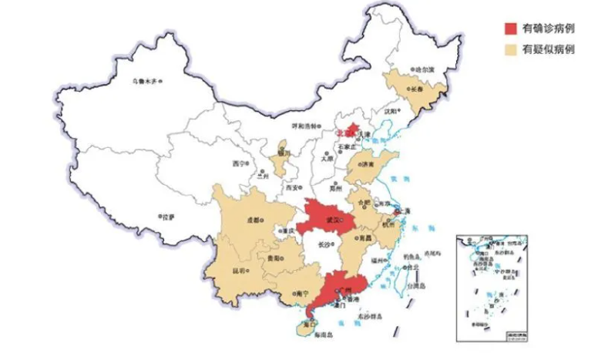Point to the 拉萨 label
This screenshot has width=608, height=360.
[x=166, y=217]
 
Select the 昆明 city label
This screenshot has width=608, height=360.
[x=241, y=272]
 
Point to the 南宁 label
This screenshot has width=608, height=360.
[x=302, y=294]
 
